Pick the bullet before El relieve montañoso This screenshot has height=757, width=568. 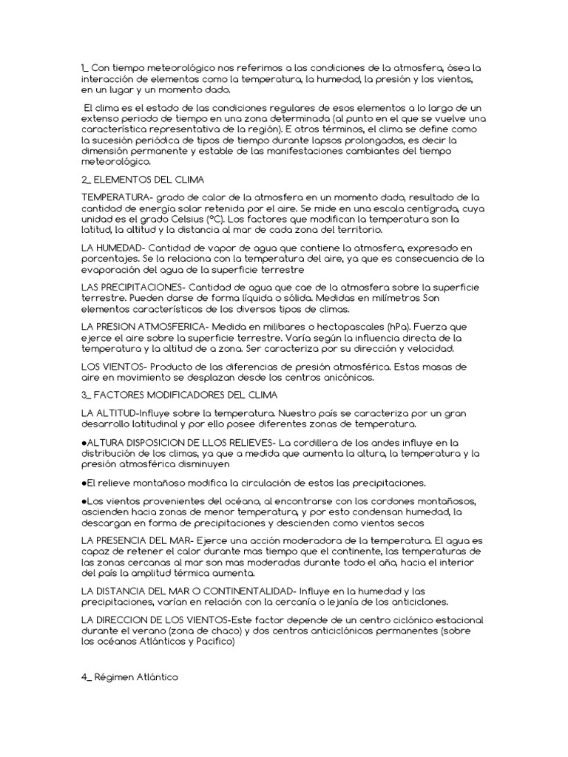click(84, 483)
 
